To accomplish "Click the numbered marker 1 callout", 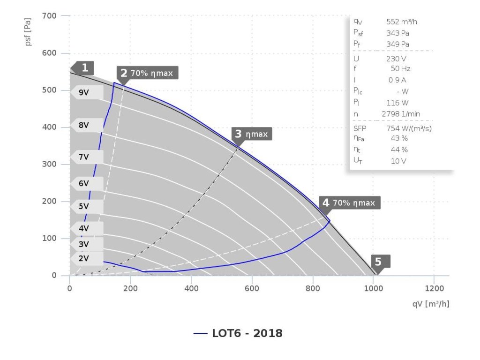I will coord(84,68).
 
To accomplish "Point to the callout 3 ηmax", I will coord(252,134).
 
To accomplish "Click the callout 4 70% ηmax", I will coord(349,203).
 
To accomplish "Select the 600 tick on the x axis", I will coord(252,288).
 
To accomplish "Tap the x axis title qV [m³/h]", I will coord(431,304).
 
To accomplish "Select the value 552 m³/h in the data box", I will coord(402,22).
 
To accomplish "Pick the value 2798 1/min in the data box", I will coord(401,114).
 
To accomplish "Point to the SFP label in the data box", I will coord(360,128).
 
